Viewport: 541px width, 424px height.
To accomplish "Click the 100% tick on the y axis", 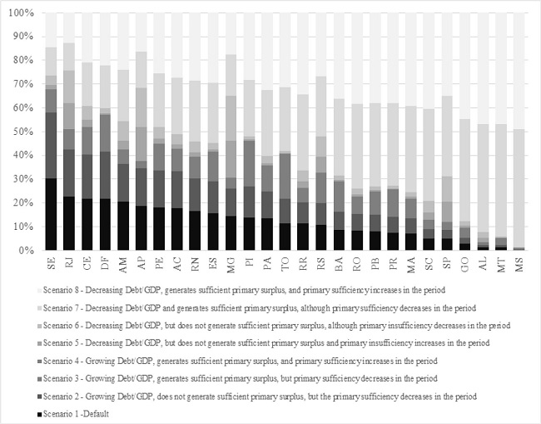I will (x=21, y=14).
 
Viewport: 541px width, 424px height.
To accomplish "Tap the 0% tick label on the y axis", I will (x=26, y=250).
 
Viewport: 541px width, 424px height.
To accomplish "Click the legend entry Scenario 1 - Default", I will (x=75, y=412).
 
